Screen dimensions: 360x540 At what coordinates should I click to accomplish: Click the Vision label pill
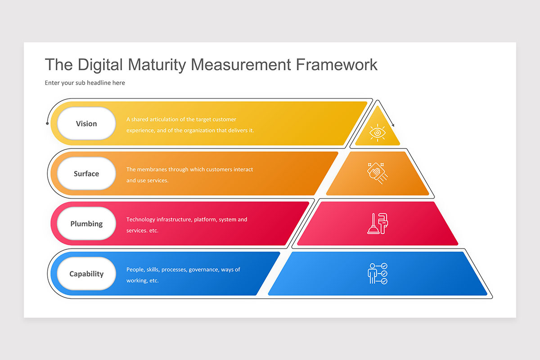pos(86,124)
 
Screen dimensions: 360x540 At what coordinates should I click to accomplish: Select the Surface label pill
pos(86,174)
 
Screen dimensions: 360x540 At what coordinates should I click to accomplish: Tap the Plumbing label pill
pos(86,224)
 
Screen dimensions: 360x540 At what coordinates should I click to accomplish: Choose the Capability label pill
pos(86,274)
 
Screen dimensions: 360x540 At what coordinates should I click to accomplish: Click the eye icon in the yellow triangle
pos(377,132)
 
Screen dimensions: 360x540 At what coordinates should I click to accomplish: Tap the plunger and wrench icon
pos(377,223)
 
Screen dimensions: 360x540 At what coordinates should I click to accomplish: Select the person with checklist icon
pos(377,274)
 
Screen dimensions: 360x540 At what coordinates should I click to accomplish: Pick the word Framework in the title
pos(337,65)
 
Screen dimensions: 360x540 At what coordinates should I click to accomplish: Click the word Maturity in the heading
pos(157,65)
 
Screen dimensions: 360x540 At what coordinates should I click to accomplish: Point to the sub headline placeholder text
pos(85,83)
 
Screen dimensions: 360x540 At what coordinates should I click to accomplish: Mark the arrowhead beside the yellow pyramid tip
pos(393,125)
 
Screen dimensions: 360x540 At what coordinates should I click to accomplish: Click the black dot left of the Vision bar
pos(47,122)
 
